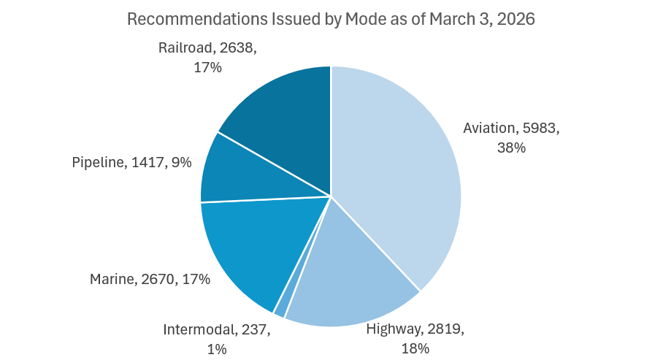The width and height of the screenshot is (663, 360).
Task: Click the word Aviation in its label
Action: (x=489, y=129)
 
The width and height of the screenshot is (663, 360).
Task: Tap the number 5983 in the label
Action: (x=540, y=129)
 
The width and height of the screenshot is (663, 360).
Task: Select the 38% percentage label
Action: (x=510, y=148)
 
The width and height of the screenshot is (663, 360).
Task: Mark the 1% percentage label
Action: (x=217, y=348)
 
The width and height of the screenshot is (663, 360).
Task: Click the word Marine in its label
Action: (x=111, y=279)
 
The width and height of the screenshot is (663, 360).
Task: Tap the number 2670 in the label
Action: (x=160, y=279)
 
